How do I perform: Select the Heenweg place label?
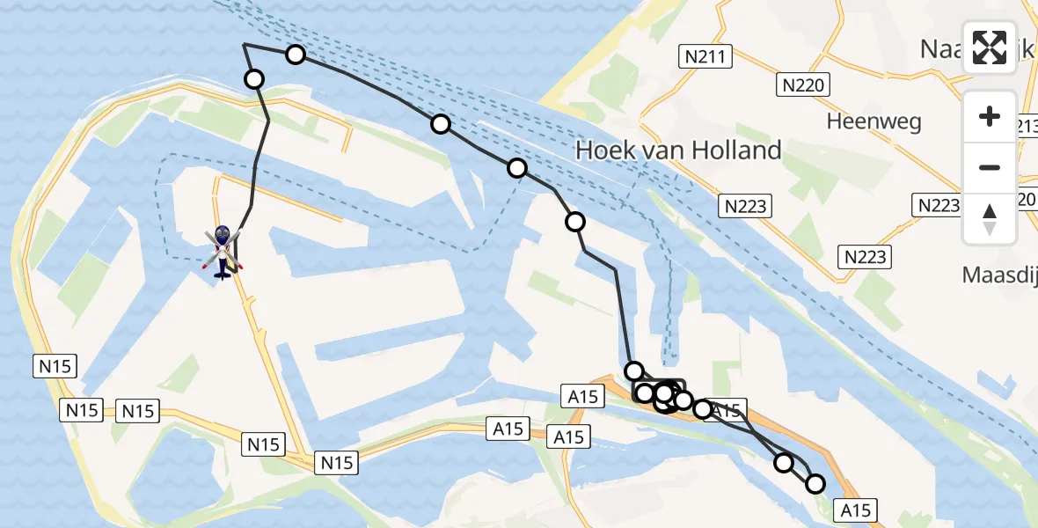[874, 121]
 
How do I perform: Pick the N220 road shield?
[803, 84]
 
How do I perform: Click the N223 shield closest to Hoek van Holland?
[745, 207]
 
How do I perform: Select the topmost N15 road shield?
[56, 367]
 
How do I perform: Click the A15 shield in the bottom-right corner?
[855, 510]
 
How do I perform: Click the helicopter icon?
[223, 251]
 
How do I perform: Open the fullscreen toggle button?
[990, 48]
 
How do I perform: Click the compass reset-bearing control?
[990, 219]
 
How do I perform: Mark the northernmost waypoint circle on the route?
[296, 55]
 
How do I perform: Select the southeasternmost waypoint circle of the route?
[815, 483]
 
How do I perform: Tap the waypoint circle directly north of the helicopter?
[254, 79]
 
